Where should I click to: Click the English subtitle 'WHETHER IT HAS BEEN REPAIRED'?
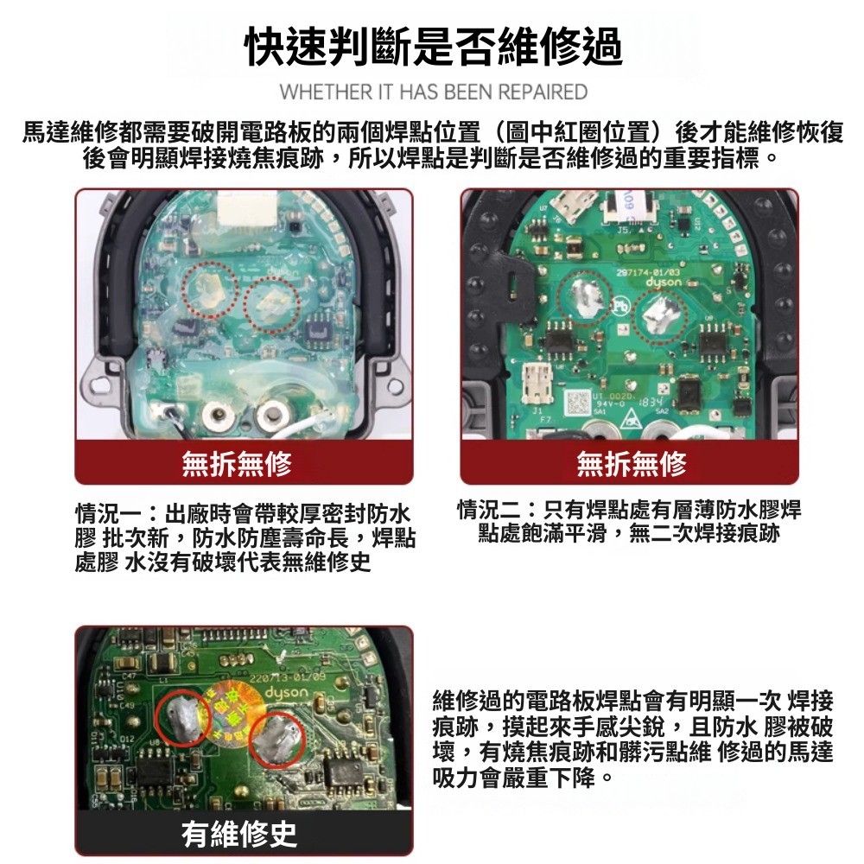pyautogui.click(x=434, y=92)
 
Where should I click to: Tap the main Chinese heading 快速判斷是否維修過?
pyautogui.click(x=434, y=47)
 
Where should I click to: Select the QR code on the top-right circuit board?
pyautogui.click(x=577, y=403)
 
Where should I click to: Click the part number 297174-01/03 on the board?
pyautogui.click(x=649, y=272)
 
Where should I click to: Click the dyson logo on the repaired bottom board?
pyautogui.click(x=287, y=691)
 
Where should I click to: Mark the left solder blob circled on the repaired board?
pyautogui.click(x=184, y=717)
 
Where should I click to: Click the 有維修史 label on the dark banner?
pyautogui.click(x=239, y=834)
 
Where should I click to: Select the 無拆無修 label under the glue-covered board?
pyautogui.click(x=237, y=463)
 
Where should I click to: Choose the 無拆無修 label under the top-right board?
pyautogui.click(x=632, y=463)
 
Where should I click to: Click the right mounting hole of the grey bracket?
pyautogui.click(x=396, y=385)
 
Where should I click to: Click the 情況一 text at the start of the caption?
pyautogui.click(x=109, y=513)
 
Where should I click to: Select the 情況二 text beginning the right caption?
pyautogui.click(x=491, y=510)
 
